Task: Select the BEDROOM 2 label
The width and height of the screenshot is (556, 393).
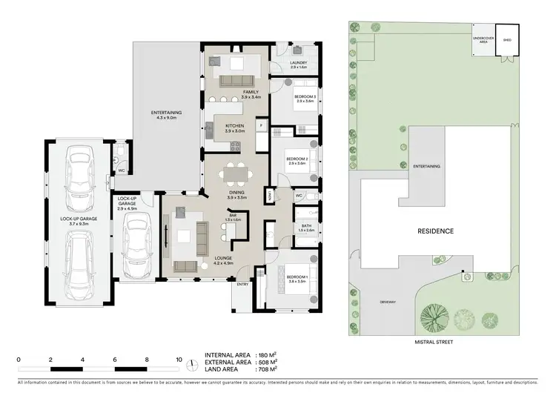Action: (x=297, y=159)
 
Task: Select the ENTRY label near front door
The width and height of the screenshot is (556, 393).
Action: (x=242, y=284)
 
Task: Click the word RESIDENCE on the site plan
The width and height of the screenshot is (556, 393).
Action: (x=434, y=231)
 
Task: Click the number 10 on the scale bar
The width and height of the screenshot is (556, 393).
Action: (x=179, y=359)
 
